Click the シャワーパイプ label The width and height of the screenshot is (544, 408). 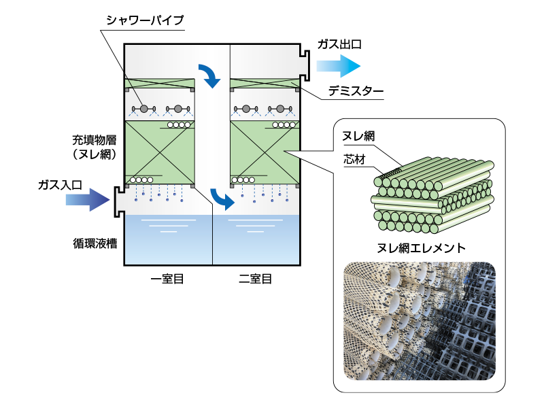pos(145,20)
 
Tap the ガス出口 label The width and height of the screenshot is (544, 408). pos(339,44)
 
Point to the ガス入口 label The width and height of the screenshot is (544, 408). pos(60,184)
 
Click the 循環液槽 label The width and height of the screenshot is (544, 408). pos(94,242)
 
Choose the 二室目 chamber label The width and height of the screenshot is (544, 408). pos(255,278)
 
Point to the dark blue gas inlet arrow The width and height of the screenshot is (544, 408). pos(87,200)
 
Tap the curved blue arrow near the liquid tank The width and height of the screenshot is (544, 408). pos(222,199)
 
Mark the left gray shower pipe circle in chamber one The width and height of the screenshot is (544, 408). pos(144,109)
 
